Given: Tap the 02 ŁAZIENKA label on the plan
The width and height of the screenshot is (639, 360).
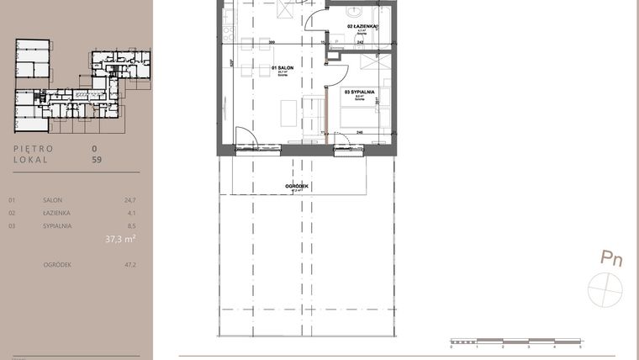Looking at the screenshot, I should (x=362, y=26).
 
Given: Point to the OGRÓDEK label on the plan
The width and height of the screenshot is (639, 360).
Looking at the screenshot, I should (x=297, y=186).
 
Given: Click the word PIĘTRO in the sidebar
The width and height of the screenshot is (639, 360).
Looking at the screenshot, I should (x=34, y=149).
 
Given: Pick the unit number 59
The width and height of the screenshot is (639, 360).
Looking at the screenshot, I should (x=97, y=158).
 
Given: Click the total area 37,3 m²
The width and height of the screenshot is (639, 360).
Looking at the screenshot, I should (x=120, y=239).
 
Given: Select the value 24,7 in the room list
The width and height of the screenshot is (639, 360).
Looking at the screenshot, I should (x=129, y=201).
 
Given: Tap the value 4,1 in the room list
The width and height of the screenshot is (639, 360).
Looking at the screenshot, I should (x=130, y=214).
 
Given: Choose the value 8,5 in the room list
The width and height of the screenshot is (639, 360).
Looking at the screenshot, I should (x=130, y=226).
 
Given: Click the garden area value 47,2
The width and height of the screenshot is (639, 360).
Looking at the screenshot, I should (x=129, y=265).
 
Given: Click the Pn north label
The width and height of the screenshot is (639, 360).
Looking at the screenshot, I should (x=611, y=259).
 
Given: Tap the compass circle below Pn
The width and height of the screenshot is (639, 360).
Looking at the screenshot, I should (x=605, y=288).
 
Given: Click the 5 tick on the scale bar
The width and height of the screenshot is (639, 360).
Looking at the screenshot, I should (x=580, y=347).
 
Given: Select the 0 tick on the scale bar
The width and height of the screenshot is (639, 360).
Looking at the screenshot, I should (x=452, y=347).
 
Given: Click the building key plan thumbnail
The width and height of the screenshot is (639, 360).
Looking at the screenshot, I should (x=82, y=87).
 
